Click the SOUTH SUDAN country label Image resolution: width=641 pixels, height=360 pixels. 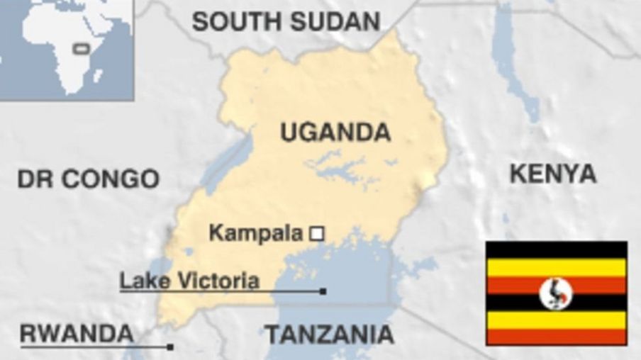point(286,22)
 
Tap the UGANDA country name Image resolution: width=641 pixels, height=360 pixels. point(335,132)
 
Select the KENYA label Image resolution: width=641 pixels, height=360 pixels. point(552,174)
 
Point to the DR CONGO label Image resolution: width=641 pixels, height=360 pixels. point(88,179)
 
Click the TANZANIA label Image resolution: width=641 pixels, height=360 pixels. point(329,334)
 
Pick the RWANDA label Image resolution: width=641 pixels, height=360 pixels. point(76,333)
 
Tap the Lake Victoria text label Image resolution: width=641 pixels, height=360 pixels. point(189,281)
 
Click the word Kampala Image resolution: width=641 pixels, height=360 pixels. point(256,232)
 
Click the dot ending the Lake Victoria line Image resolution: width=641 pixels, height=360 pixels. point(323,291)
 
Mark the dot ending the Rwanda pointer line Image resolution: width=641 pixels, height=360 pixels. point(170,347)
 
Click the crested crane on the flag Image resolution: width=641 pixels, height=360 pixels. point(555,293)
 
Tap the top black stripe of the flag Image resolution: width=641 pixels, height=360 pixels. point(556,249)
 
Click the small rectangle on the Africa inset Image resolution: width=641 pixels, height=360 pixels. point(82,48)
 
